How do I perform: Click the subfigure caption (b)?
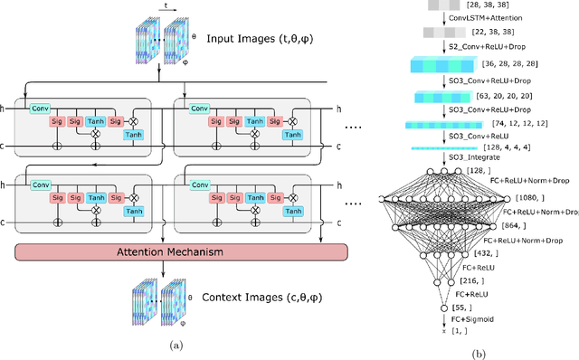tap(479, 352)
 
